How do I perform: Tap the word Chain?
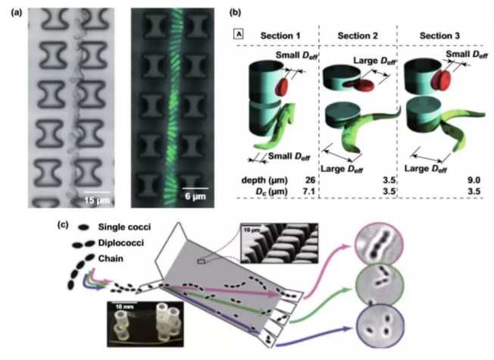pos(107,261)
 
